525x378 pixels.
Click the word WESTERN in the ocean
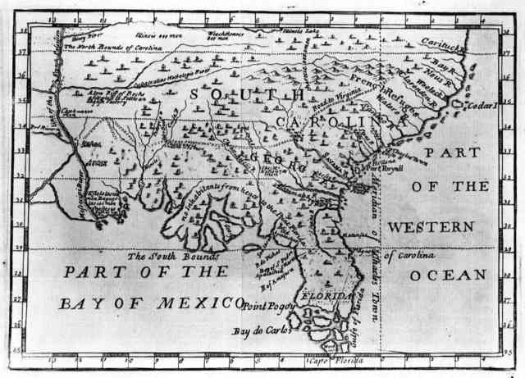tap(431, 225)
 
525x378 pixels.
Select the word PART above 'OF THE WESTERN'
tap(456, 153)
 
